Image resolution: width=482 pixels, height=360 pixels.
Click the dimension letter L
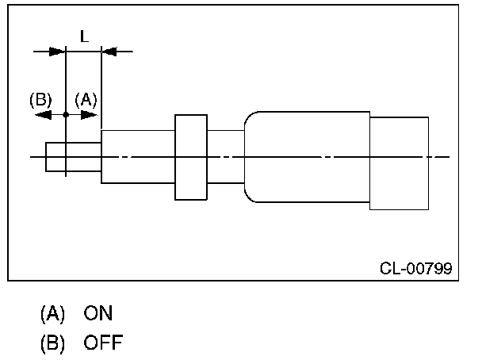coord(84,36)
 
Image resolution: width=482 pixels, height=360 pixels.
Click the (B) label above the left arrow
coord(40,100)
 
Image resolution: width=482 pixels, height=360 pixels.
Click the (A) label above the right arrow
coord(86,100)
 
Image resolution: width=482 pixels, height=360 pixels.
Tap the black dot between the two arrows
coord(66,115)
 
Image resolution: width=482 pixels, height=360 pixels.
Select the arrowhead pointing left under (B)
coord(44,115)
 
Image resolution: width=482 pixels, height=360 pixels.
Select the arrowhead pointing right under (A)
coord(89,115)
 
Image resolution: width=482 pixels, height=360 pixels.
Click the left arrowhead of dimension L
coord(57,52)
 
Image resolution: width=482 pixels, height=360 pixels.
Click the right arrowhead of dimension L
coord(109,52)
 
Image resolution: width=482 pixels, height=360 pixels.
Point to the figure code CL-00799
coord(416,268)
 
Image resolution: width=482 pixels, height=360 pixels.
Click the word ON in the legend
coord(98,313)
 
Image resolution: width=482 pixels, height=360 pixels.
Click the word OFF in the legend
coord(103,343)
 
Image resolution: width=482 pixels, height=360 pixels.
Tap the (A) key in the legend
coord(52,313)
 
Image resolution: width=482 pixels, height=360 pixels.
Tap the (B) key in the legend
coord(52,343)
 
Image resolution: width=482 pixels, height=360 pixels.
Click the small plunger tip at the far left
coord(74,157)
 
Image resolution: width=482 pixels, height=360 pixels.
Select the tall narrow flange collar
coord(191,157)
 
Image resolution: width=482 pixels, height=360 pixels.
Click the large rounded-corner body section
coord(307,157)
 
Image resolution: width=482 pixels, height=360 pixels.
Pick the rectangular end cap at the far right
coord(399,163)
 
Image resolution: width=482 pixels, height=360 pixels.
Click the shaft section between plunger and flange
coord(138,157)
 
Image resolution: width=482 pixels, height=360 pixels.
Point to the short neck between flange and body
coord(226,157)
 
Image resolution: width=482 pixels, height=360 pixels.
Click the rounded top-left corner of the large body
coord(248,116)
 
